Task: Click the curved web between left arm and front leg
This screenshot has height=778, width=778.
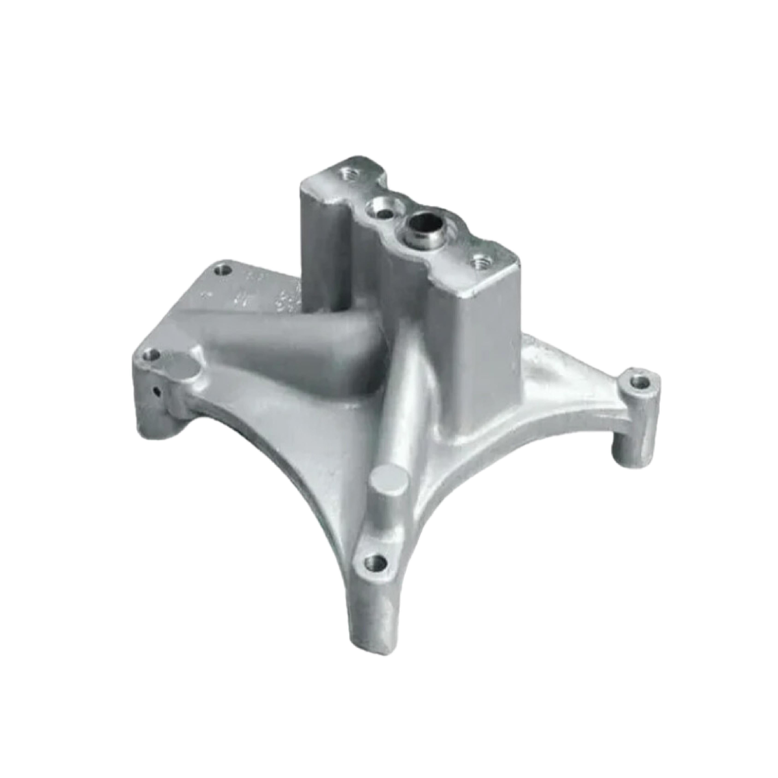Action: [282, 463]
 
